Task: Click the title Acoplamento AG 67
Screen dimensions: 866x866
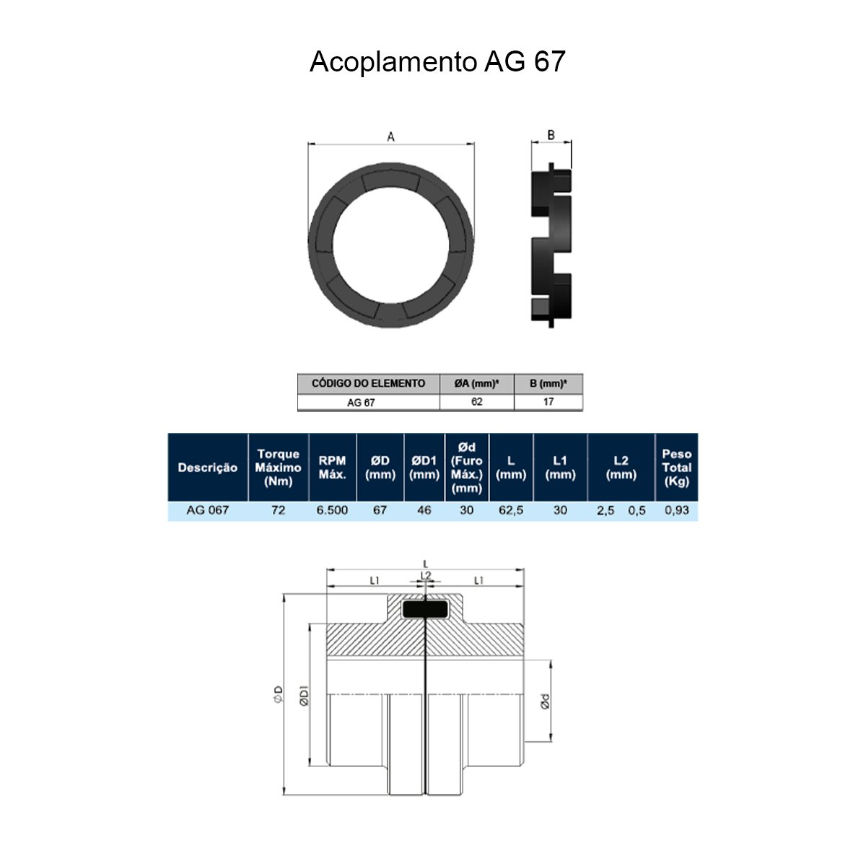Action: point(437,62)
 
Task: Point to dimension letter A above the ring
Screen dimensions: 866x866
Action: point(391,136)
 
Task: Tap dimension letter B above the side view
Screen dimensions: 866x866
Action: point(551,135)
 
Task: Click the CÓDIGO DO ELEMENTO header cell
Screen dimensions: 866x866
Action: point(368,383)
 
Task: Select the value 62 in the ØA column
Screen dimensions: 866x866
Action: point(476,402)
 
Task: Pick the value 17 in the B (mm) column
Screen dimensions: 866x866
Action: point(548,402)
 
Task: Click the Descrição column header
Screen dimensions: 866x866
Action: point(208,468)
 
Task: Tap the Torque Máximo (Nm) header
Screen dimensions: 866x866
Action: point(278,467)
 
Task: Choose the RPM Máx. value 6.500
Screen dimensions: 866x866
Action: point(332,510)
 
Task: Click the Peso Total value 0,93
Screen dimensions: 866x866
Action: point(676,510)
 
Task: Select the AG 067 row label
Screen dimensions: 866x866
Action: point(208,510)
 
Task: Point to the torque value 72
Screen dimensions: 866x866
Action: point(278,510)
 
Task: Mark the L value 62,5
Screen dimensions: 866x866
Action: point(511,510)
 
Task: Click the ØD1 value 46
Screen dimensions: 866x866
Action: point(424,510)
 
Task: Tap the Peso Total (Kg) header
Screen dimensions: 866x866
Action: point(676,467)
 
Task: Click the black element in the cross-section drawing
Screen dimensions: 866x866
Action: point(425,610)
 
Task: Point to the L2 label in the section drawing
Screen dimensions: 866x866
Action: point(426,576)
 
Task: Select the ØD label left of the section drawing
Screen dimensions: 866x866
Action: point(278,695)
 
